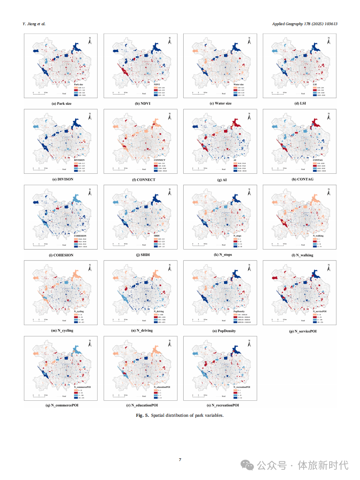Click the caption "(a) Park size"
[x=61, y=104]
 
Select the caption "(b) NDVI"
[x=141, y=104]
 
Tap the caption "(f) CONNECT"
[x=141, y=179]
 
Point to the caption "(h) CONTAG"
[x=300, y=179]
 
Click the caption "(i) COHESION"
[x=61, y=255]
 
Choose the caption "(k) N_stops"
[x=221, y=254]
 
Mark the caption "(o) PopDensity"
[x=221, y=331]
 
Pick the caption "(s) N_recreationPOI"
[x=221, y=405]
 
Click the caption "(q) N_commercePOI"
[x=61, y=405]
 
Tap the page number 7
[x=180, y=460]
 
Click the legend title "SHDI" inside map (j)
[x=157, y=235]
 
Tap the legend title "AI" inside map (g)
[x=235, y=160]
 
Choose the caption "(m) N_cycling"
[x=61, y=331]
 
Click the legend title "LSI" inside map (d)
[x=314, y=84]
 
